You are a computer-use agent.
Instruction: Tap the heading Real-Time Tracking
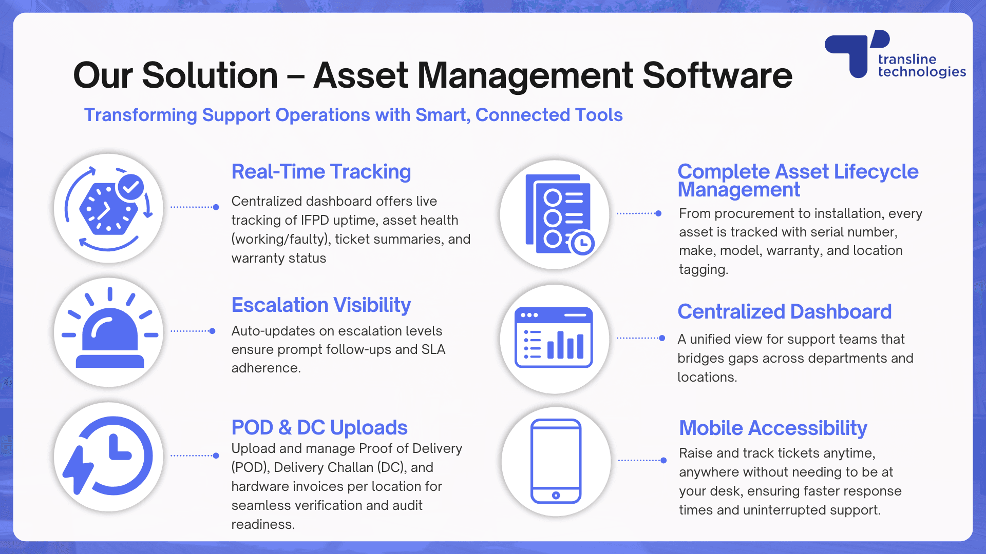point(321,172)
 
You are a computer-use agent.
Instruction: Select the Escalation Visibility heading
point(321,305)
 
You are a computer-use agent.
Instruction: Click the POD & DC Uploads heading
point(319,427)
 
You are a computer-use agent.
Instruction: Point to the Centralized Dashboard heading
point(784,312)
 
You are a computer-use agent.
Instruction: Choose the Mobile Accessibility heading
point(773,428)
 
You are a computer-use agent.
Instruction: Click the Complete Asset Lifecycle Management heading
point(798,180)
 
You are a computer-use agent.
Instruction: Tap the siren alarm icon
point(109,332)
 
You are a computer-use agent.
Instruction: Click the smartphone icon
point(556,461)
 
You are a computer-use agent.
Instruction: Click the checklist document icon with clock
point(558,214)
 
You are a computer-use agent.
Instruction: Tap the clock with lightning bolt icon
point(108,456)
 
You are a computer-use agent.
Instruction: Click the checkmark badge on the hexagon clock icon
point(130,187)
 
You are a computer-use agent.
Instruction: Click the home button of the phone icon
point(556,495)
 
